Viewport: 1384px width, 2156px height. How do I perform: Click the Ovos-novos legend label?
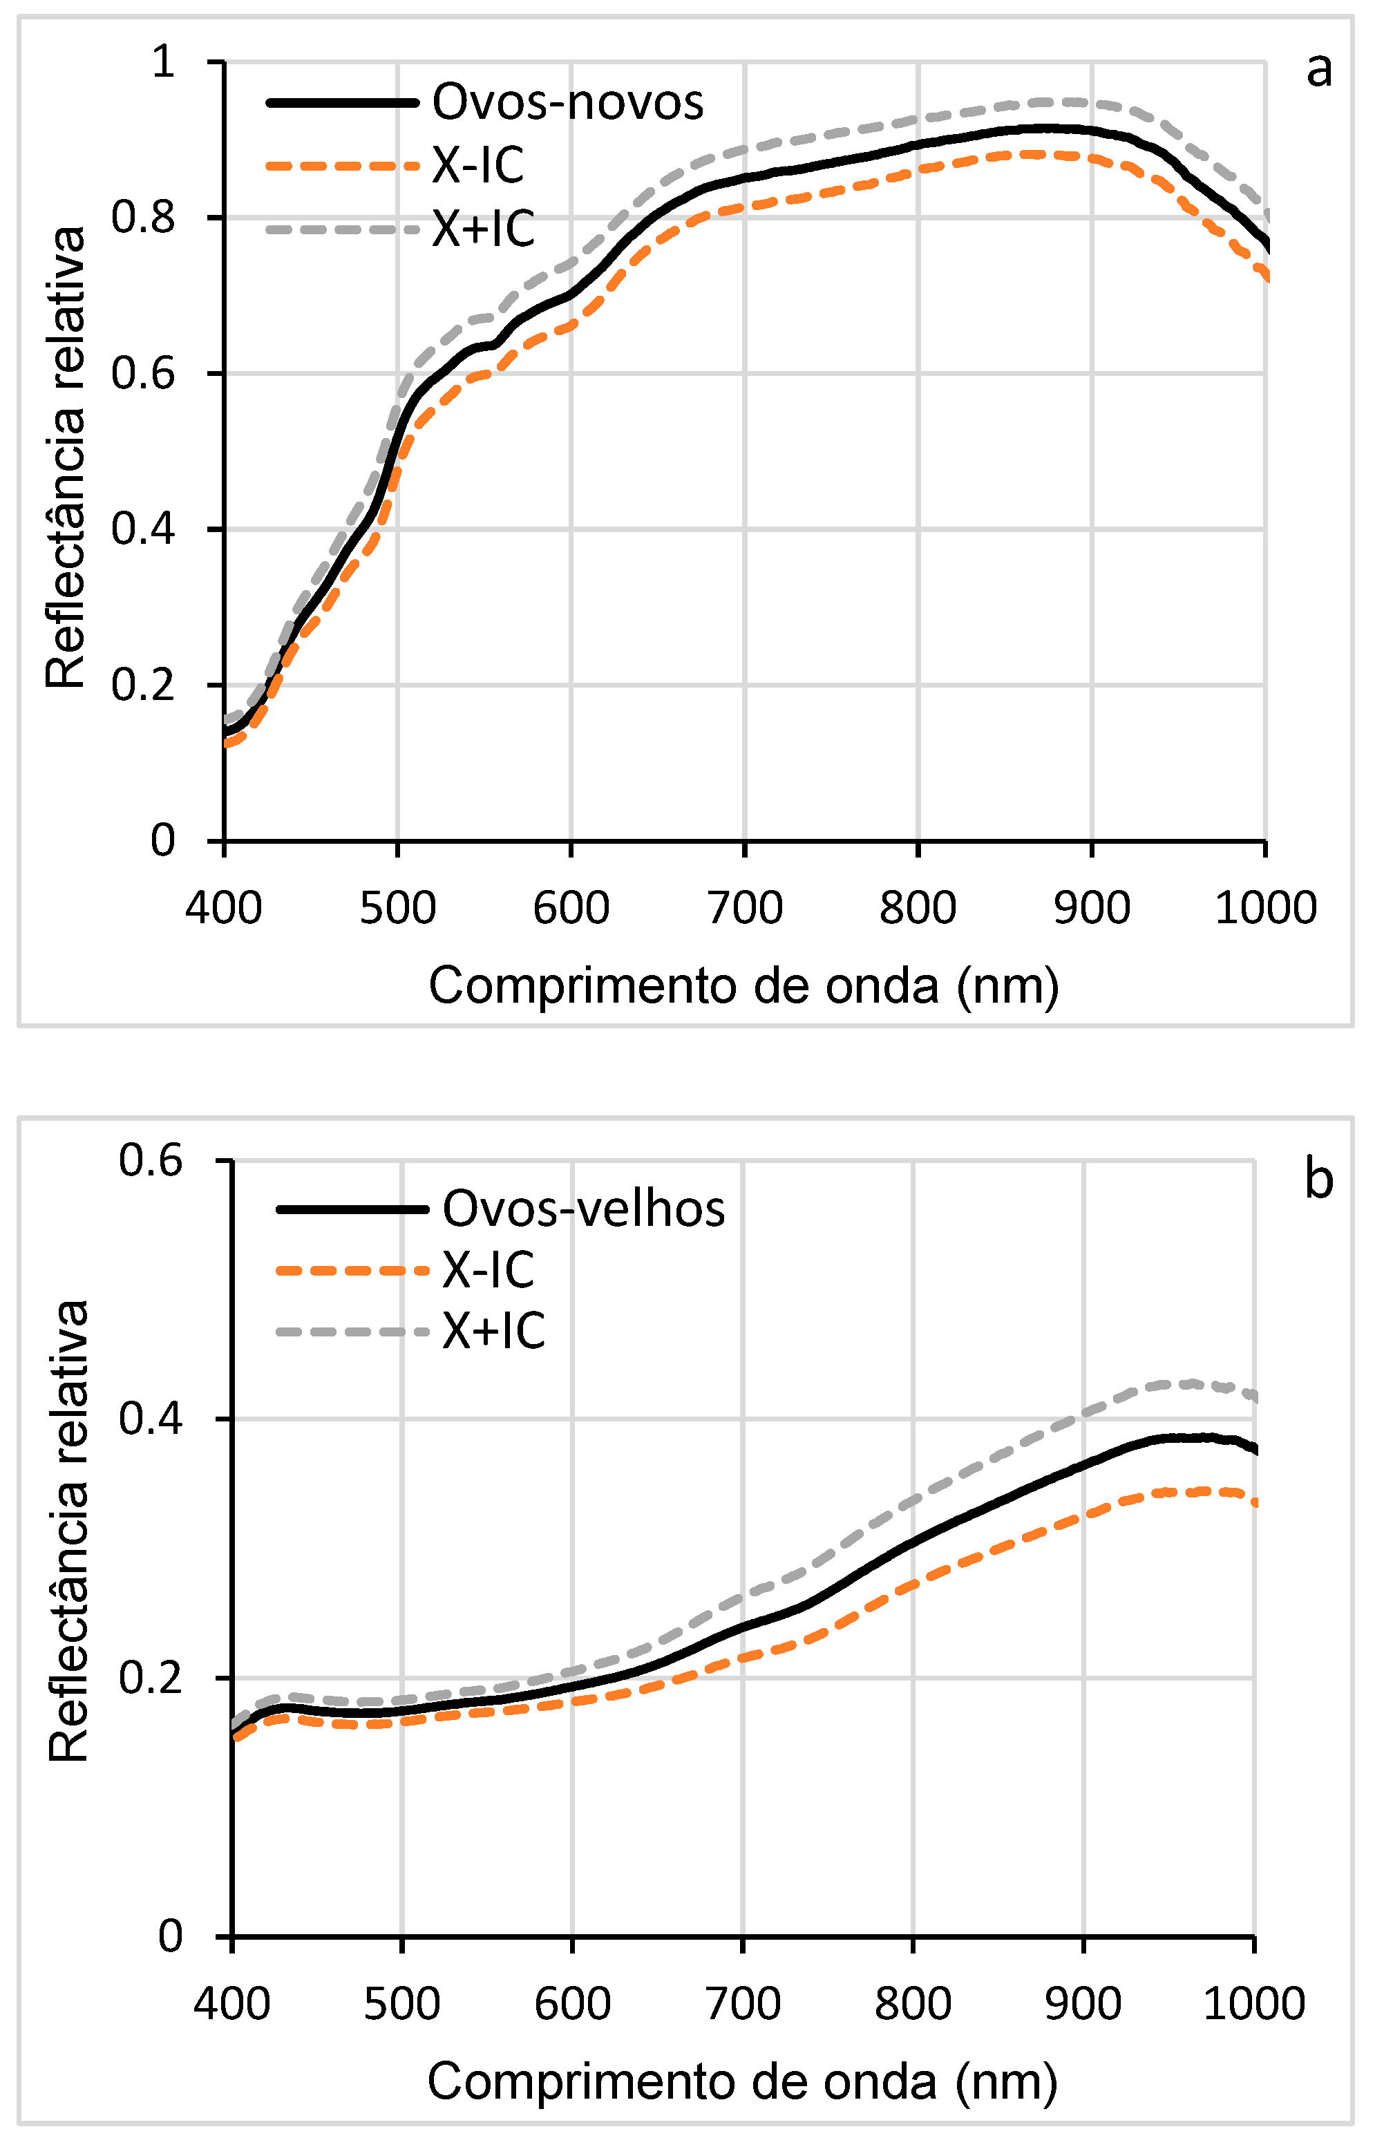coord(567,102)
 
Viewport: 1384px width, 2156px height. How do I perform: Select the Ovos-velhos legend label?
coord(583,1208)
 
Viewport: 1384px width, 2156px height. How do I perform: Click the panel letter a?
coord(1318,68)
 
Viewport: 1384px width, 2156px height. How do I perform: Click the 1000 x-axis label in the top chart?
coord(1265,908)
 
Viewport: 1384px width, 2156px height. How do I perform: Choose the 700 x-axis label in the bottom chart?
coord(742,2004)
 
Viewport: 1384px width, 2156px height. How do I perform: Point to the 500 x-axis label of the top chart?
coord(397,908)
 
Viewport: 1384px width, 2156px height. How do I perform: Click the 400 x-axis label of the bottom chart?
coord(232,2004)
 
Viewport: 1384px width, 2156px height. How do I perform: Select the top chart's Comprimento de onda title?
coord(743,986)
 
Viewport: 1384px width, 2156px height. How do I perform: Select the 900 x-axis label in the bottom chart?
coord(1083,2004)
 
